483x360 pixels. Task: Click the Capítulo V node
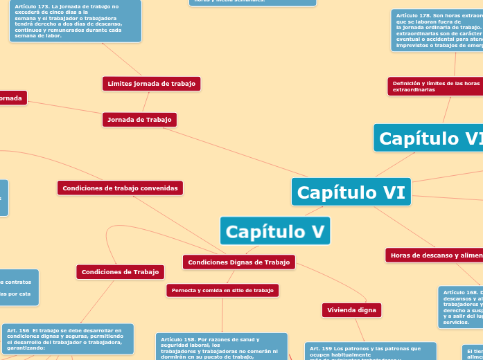click(x=275, y=231)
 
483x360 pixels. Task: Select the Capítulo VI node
click(x=351, y=192)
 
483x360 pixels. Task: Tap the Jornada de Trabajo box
click(x=139, y=120)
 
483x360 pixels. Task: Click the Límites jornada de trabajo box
click(x=151, y=84)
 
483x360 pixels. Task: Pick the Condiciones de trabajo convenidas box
click(x=120, y=188)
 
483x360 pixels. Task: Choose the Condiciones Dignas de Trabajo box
click(x=239, y=262)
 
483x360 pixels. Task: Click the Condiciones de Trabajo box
click(x=120, y=272)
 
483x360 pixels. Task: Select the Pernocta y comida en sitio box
click(x=222, y=291)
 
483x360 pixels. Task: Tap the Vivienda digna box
click(x=351, y=310)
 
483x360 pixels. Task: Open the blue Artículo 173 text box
click(x=75, y=21)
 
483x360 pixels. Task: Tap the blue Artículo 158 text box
click(x=221, y=346)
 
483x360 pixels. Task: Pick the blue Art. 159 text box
click(x=370, y=350)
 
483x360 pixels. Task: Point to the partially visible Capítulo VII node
click(x=430, y=138)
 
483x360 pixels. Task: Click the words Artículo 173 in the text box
click(x=31, y=6)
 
